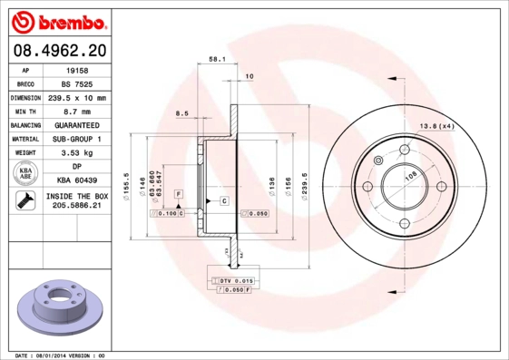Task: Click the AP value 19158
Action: coord(77,69)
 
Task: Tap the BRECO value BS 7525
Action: coord(77,83)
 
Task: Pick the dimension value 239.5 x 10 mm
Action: coord(77,97)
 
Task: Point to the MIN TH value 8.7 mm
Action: coord(77,111)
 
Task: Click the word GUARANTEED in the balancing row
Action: coord(77,125)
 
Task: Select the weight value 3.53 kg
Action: coord(77,153)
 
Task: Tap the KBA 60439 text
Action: coord(77,181)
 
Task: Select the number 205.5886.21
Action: coord(77,207)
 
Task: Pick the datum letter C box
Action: coord(223,199)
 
